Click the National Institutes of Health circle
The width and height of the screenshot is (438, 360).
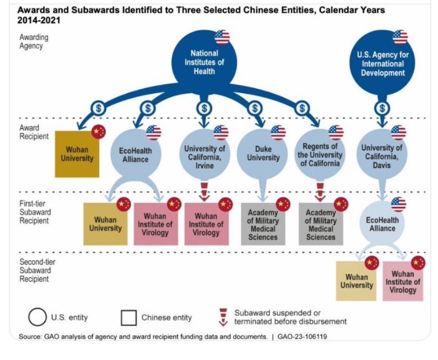pos(204,62)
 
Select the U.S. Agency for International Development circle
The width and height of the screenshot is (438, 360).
pos(382,63)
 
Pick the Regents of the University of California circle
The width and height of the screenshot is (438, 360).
pos(319,154)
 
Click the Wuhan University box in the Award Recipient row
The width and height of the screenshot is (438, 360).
pos(77,154)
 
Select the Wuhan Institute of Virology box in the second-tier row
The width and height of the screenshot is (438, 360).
pos(403,281)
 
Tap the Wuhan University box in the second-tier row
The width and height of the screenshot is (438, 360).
pos(356,281)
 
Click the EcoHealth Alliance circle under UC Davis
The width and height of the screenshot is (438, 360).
pos(382,223)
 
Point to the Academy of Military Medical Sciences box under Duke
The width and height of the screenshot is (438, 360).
pos(263,224)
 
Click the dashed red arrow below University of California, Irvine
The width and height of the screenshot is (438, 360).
pos(205,192)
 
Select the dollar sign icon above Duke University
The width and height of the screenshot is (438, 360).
pos(255,108)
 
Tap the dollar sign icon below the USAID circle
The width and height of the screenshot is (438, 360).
pos(382,108)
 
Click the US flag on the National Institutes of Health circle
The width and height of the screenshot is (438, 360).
pos(222,37)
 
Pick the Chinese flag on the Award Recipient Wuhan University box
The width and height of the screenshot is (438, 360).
pos(98,131)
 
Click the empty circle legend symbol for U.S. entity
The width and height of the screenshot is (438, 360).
pos(37,317)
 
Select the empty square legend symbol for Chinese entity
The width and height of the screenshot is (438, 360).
pos(129,318)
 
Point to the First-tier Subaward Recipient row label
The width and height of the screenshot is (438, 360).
pos(35,212)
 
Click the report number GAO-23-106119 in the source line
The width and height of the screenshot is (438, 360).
pos(302,337)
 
